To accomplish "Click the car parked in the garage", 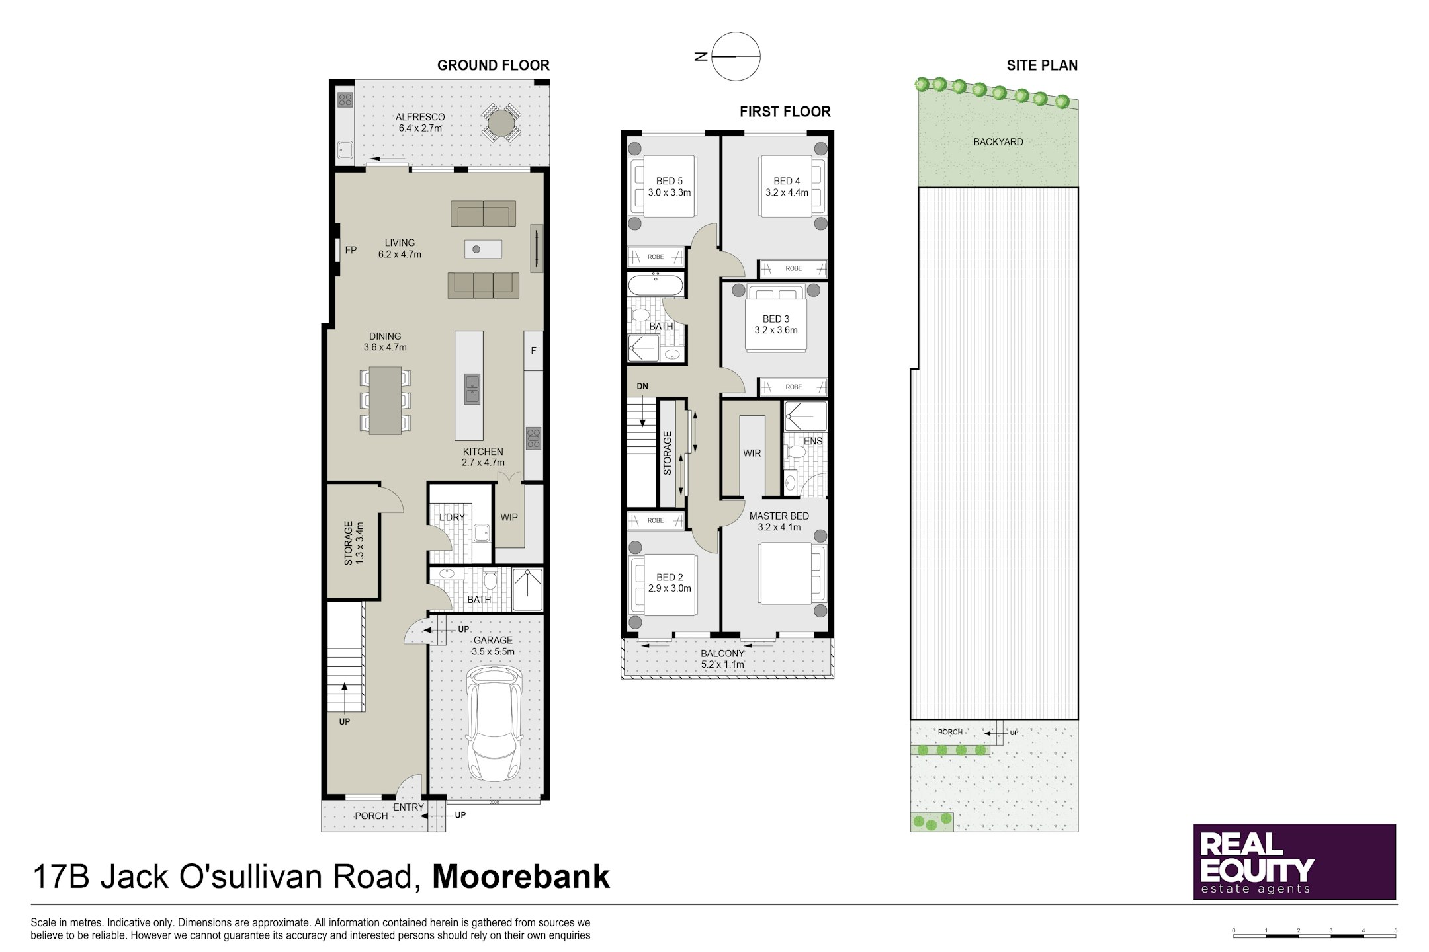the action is click(x=495, y=723).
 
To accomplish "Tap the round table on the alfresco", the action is click(x=501, y=124).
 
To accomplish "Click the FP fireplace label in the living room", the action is click(x=351, y=250).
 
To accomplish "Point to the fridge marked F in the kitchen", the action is click(x=533, y=350).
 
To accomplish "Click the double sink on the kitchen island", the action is click(x=472, y=389).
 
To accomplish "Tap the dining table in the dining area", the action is click(x=385, y=400).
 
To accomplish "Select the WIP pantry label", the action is click(x=509, y=517).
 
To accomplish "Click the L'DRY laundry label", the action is click(x=452, y=517).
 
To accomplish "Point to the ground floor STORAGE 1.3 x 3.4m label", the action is click(x=354, y=543).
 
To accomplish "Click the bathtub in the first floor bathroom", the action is click(x=656, y=285).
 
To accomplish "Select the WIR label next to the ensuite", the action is click(x=752, y=454).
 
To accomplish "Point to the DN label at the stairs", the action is click(x=642, y=386).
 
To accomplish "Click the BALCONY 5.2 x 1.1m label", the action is click(x=723, y=658).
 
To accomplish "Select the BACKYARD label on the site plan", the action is click(x=998, y=142).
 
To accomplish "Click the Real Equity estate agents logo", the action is click(x=1295, y=861).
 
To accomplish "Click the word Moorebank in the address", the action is click(x=521, y=877).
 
